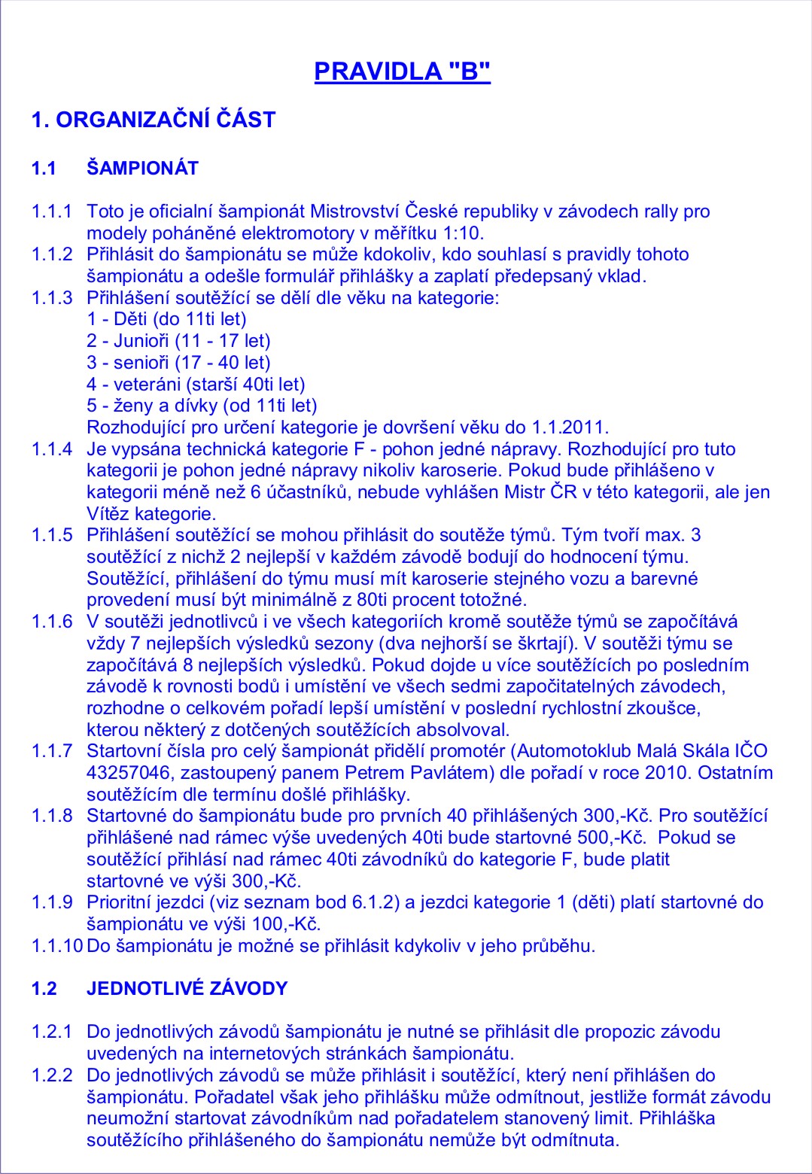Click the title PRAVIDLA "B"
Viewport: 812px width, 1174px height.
pyautogui.click(x=402, y=71)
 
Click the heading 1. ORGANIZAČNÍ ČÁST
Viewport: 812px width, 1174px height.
pyautogui.click(x=154, y=120)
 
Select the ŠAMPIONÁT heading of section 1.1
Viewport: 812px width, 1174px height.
pyautogui.click(x=142, y=168)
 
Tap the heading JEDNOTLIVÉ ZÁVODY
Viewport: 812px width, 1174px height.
pyautogui.click(x=187, y=988)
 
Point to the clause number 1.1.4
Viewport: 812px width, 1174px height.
pyautogui.click(x=52, y=449)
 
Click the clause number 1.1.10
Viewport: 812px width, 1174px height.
pyautogui.click(x=56, y=945)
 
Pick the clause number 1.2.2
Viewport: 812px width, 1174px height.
pyautogui.click(x=52, y=1075)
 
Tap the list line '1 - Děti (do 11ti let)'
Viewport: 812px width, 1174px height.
pyautogui.click(x=166, y=319)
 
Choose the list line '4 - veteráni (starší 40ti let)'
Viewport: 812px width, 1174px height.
pyautogui.click(x=196, y=385)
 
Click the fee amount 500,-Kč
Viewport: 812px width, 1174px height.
pyautogui.click(x=610, y=838)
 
